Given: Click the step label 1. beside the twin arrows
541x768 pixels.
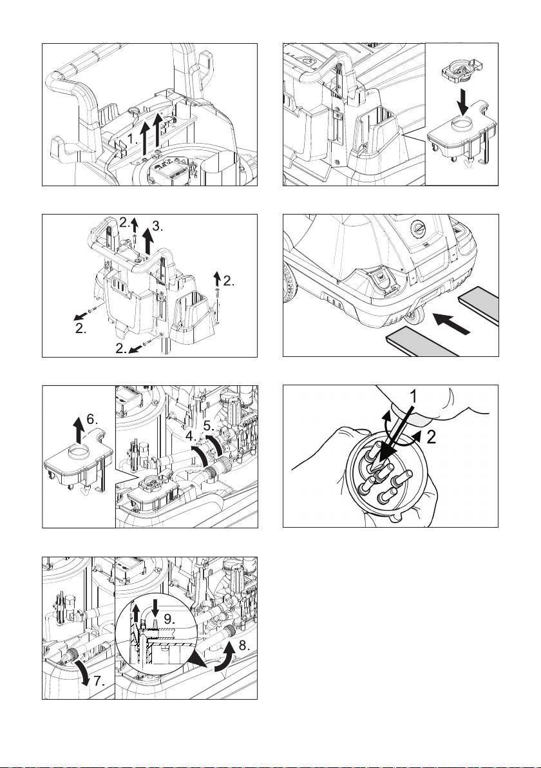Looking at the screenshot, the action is point(133,140).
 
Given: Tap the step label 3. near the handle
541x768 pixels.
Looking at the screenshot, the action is point(158,226).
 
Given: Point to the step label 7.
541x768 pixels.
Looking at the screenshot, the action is point(99,680).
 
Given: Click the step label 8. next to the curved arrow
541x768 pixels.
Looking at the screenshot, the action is point(244,646).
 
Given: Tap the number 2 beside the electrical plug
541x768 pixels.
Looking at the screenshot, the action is point(431,437).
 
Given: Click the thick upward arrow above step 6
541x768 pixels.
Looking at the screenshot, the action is point(77,429).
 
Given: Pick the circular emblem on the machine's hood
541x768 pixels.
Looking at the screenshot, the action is point(417,228).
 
